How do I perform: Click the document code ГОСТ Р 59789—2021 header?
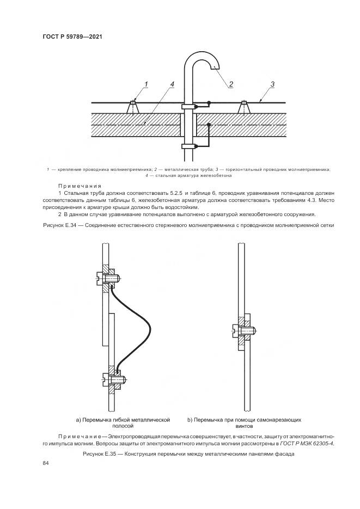(x=72, y=37)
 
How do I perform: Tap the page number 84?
(x=46, y=463)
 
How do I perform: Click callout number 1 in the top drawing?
(x=147, y=84)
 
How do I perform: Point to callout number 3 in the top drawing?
(x=272, y=84)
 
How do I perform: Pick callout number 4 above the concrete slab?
(x=172, y=84)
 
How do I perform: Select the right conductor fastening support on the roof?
(x=244, y=107)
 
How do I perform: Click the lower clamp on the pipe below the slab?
(x=188, y=146)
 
